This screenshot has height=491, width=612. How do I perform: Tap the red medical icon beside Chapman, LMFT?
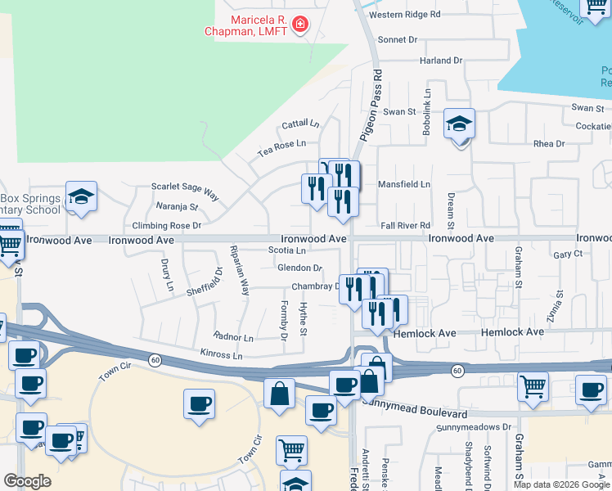[301, 25]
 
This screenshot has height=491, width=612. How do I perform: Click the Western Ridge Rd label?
[405, 15]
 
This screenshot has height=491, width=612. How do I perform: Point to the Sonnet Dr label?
[398, 39]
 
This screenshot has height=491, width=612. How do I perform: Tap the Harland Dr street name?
[441, 61]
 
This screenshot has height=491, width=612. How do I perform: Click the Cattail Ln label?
[300, 124]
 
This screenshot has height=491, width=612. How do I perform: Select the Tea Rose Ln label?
[281, 143]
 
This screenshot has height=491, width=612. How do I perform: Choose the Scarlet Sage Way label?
[185, 191]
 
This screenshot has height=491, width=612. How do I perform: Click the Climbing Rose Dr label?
[167, 225]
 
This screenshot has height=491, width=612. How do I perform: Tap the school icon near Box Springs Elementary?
[82, 196]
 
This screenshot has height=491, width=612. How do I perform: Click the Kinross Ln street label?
[221, 356]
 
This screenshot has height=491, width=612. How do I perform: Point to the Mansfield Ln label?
[404, 185]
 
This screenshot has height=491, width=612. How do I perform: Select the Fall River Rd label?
[405, 226]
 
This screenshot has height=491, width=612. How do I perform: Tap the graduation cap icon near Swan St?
[460, 124]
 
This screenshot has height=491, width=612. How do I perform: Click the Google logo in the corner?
[27, 481]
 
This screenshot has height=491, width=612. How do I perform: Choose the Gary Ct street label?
[567, 255]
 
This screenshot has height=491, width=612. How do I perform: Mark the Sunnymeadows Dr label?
[473, 427]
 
